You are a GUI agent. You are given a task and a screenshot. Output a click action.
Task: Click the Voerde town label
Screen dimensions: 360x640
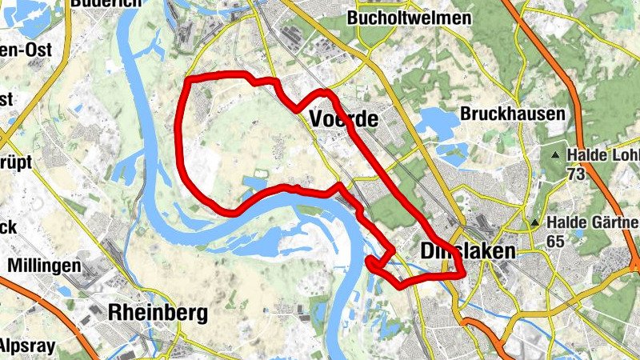point(342,119)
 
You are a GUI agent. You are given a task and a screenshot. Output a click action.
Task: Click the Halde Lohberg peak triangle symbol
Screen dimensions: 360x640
point(556,154)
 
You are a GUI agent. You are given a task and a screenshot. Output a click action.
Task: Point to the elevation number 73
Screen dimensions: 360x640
point(575,173)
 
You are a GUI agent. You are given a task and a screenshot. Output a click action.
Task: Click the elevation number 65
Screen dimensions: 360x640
point(557,240)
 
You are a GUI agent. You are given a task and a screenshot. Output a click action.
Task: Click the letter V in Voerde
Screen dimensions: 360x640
point(314,119)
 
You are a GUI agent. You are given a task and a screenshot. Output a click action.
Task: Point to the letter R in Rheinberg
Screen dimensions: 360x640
point(114,311)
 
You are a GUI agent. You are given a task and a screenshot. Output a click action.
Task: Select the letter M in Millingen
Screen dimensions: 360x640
point(13,265)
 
